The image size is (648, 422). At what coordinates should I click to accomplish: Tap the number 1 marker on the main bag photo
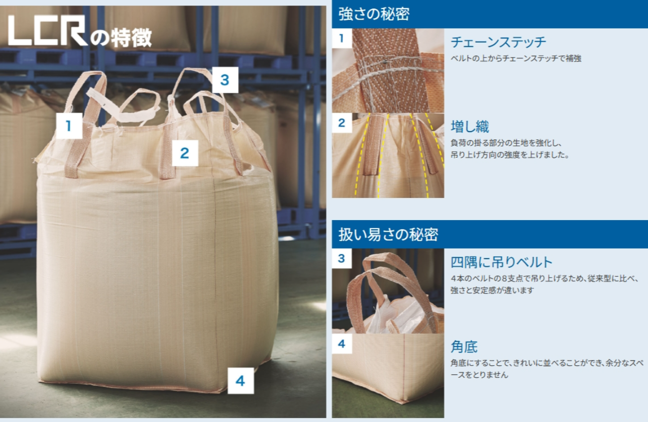click(x=69, y=126)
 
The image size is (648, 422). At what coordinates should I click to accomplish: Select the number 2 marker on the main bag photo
click(x=185, y=153)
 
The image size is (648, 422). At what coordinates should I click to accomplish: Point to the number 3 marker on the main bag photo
click(x=225, y=80)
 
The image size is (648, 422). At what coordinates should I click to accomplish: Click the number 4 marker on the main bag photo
click(x=241, y=381)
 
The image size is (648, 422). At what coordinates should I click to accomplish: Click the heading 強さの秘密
click(x=374, y=14)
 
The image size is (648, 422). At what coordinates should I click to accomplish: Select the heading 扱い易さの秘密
click(x=388, y=234)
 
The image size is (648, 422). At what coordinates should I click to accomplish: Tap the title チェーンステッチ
click(x=498, y=42)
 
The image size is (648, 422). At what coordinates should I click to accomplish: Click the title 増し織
click(x=470, y=127)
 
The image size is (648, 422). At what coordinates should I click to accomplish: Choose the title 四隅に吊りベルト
click(x=502, y=262)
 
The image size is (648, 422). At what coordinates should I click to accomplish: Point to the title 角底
click(x=464, y=347)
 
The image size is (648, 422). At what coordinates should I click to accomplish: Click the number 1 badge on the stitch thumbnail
click(x=342, y=38)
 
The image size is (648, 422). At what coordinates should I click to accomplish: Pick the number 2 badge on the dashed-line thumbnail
click(x=342, y=123)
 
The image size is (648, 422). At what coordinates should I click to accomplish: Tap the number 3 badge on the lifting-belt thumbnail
click(x=342, y=258)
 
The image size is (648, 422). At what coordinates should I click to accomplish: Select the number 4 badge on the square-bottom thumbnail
click(x=342, y=344)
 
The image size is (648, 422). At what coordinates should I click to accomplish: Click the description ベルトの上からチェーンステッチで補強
click(x=516, y=58)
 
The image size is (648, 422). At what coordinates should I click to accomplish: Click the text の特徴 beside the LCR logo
click(x=121, y=37)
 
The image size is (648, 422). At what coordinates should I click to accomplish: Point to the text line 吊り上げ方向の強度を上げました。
click(x=510, y=155)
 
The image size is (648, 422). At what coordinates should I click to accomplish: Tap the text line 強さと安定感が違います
click(x=492, y=290)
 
